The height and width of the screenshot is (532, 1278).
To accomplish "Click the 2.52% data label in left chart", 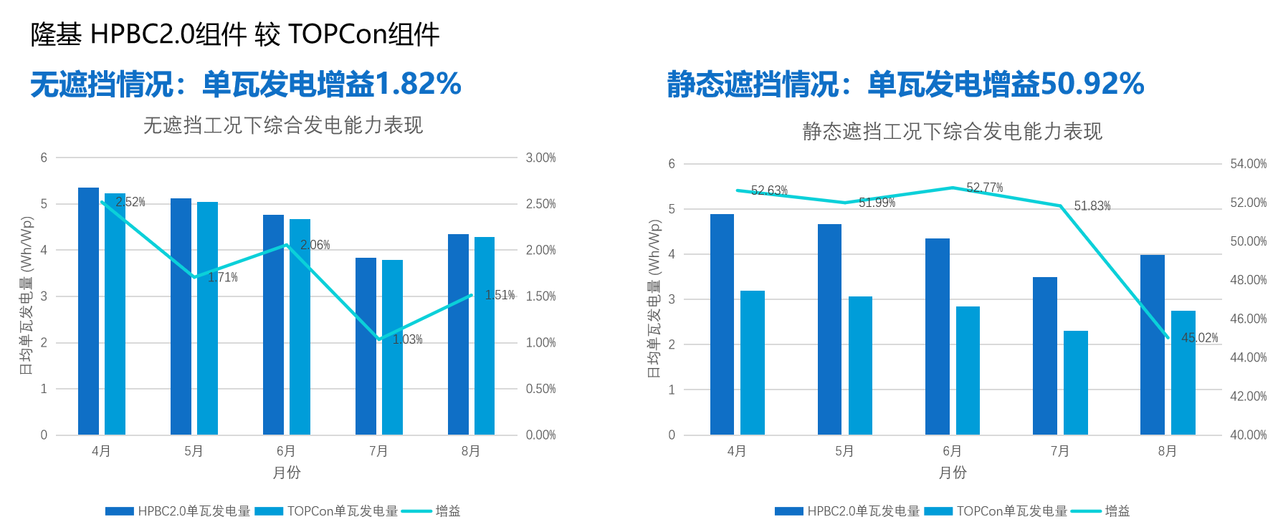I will pyautogui.click(x=130, y=202).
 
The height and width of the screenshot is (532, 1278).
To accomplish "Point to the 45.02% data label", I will pyautogui.click(x=1199, y=338).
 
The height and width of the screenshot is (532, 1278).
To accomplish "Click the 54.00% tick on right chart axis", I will pyautogui.click(x=1248, y=164).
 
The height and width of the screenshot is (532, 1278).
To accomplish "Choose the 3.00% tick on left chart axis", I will pyautogui.click(x=540, y=158).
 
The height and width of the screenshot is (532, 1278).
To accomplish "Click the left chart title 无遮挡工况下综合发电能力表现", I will pyautogui.click(x=283, y=126).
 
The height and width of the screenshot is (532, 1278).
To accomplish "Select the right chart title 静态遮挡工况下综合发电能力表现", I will pyautogui.click(x=952, y=132).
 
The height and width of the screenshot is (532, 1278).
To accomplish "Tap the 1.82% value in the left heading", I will pyautogui.click(x=418, y=84).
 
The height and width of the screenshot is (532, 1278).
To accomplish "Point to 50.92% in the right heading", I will pyautogui.click(x=1092, y=84).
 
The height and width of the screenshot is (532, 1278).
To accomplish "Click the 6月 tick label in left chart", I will pyautogui.click(x=286, y=451).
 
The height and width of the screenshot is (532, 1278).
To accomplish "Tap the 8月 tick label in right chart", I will pyautogui.click(x=1167, y=451).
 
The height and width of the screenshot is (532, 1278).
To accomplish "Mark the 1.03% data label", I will pyautogui.click(x=407, y=339).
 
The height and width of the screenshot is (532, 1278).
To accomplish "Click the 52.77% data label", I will pyautogui.click(x=984, y=188).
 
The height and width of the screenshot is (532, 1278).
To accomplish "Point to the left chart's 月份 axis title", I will pyautogui.click(x=286, y=473).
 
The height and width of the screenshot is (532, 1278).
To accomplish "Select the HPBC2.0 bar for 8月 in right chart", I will pyautogui.click(x=1152, y=344).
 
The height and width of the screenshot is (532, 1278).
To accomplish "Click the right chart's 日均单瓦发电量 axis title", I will pyautogui.click(x=654, y=299).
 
